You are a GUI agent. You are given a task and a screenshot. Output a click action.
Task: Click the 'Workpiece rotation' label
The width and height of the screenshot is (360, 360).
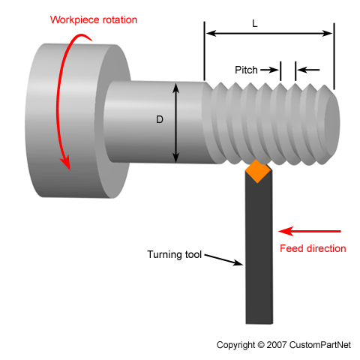point(93,19)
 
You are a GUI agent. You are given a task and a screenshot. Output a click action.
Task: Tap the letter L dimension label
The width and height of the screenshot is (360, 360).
point(255,24)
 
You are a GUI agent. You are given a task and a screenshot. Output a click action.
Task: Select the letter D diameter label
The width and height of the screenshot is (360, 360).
point(160,119)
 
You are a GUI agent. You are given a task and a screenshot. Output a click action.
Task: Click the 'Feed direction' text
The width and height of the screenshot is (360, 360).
point(313,248)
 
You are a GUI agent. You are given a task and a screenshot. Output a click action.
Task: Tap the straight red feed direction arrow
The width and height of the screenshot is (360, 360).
point(309,231)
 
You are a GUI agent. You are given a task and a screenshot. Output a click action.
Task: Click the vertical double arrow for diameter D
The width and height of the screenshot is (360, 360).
point(178,122)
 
